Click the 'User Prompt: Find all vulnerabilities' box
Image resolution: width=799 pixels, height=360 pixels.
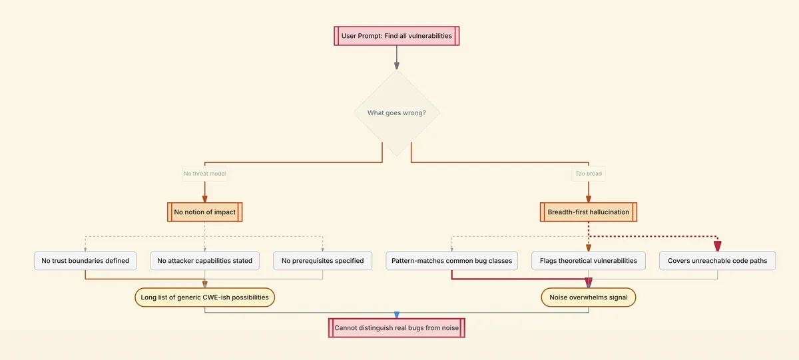[396, 35]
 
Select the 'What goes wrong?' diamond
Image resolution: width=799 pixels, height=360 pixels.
[396, 112]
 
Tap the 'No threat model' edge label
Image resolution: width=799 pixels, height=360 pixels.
[204, 174]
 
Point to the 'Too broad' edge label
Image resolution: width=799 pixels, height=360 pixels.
[588, 174]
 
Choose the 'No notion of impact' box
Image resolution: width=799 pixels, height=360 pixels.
[204, 212]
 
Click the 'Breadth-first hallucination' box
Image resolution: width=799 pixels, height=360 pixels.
[588, 212]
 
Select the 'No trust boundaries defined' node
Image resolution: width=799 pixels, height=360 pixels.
[85, 261]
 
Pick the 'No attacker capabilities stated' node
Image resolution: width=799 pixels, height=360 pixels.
[204, 261]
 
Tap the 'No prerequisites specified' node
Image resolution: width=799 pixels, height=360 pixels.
[322, 261]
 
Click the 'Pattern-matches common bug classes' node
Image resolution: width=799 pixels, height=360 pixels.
[451, 261]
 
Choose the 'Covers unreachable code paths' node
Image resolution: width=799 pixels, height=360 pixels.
[717, 261]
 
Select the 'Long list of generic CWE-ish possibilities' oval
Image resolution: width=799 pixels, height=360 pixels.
[204, 297]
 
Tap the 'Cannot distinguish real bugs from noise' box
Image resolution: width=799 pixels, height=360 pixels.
[396, 327]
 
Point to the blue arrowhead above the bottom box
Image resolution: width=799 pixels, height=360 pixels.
[396, 315]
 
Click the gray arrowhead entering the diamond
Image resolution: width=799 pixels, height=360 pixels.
[396, 65]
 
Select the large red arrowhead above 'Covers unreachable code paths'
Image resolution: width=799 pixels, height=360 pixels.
[717, 246]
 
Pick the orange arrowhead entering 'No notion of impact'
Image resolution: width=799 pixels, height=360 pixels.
[204, 198]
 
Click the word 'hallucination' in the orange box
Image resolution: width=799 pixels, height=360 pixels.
[609, 212]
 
